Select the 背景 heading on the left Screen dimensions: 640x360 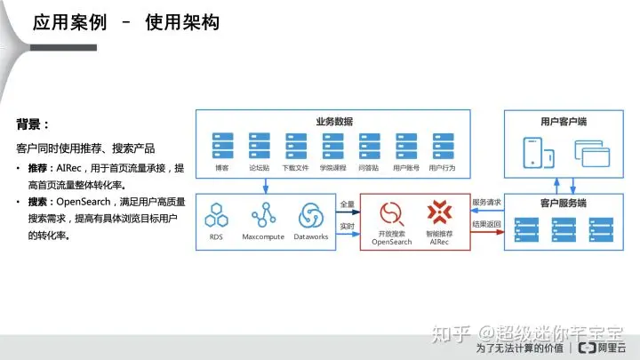tap(33, 124)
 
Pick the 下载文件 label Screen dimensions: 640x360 tap(295, 167)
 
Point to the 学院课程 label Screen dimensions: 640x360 tap(333, 167)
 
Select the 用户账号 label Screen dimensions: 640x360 tap(406, 167)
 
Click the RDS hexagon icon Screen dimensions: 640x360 tap(217, 215)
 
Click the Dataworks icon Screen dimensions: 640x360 tap(311, 215)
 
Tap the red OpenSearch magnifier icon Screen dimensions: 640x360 tap(392, 214)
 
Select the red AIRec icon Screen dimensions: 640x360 tap(438, 213)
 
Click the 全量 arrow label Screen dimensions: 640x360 tap(348, 204)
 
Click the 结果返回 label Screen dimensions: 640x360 tap(487, 226)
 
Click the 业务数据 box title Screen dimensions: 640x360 tap(334, 121)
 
